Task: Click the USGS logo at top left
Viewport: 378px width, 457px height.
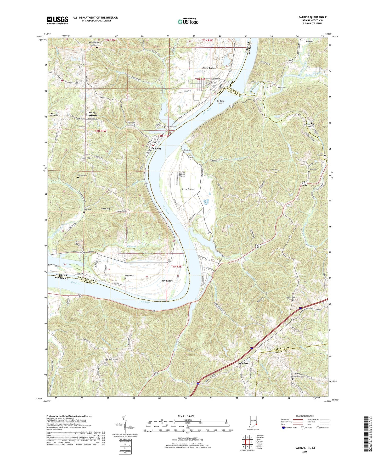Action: pos(58,20)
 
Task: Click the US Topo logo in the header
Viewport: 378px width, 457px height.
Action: pos(188,21)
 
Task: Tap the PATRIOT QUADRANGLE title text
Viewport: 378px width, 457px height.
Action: pos(312,17)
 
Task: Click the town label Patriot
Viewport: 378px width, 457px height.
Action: pos(157,148)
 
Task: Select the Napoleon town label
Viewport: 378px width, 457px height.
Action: pos(244,363)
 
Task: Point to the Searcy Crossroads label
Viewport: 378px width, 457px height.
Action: pos(92,114)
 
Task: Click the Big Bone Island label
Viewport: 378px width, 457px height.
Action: pos(220,102)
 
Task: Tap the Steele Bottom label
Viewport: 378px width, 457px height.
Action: pos(188,189)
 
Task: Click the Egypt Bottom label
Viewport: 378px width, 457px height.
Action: pos(166,281)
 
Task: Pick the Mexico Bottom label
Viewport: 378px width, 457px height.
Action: pos(209,68)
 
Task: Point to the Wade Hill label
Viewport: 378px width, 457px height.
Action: pos(105,209)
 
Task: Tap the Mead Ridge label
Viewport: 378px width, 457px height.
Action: pos(94,42)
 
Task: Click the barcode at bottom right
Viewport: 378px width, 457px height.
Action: pos(366,434)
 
